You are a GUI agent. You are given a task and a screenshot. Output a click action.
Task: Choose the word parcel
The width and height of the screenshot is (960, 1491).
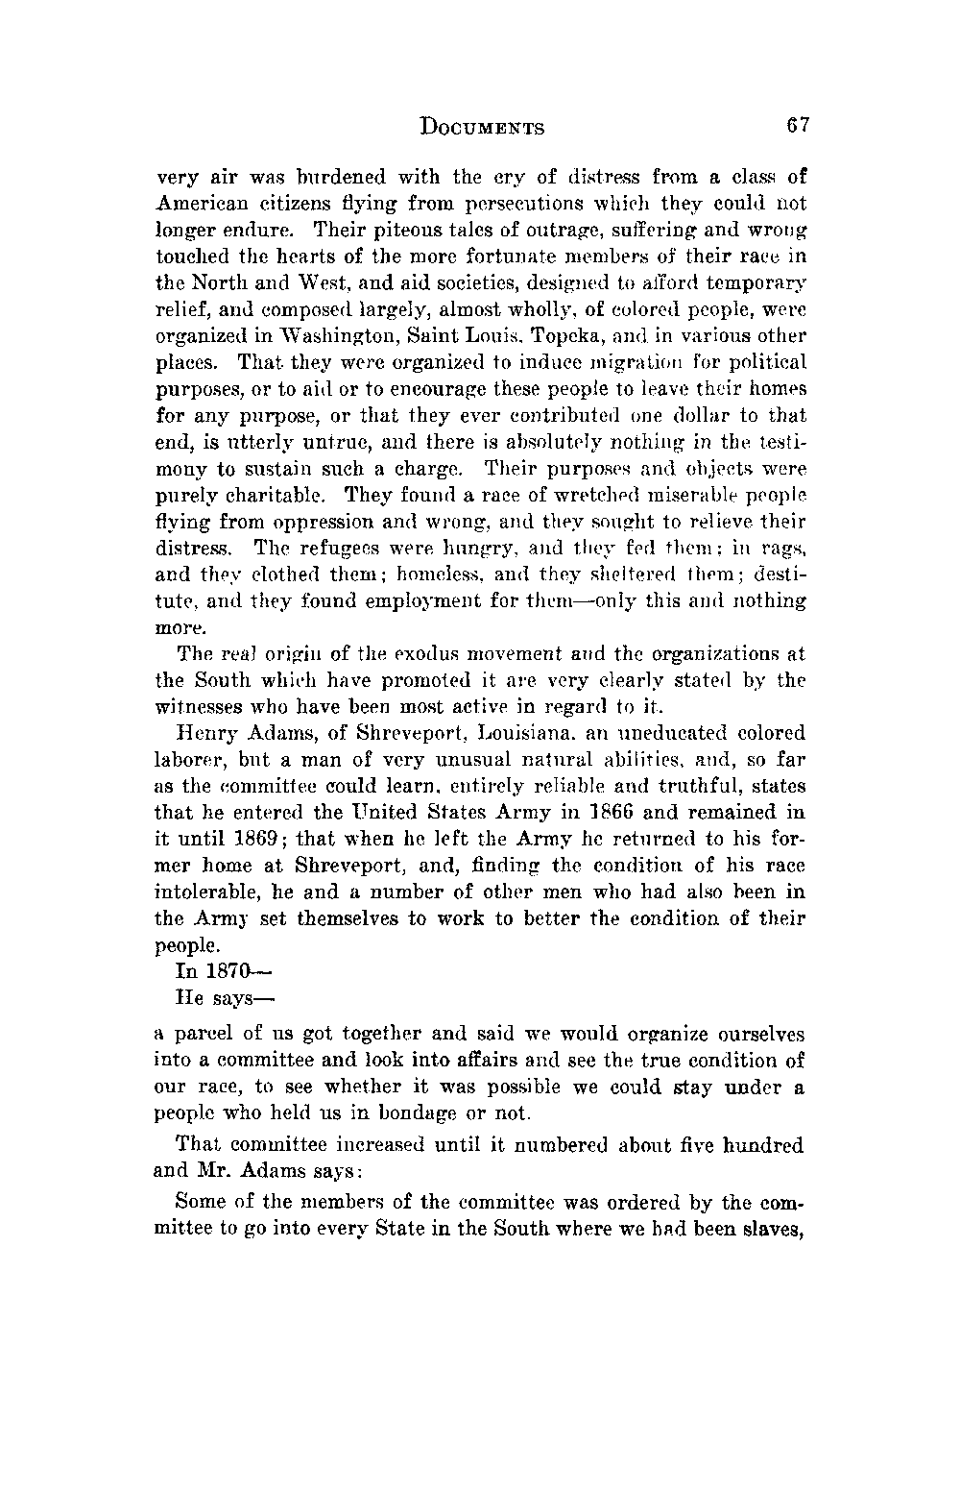tap(200, 1034)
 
